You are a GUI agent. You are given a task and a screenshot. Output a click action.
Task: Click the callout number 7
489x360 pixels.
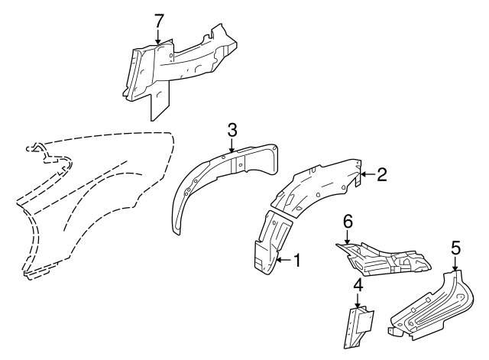(x=159, y=22)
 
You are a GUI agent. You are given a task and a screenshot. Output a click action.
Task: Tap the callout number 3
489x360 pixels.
(x=232, y=130)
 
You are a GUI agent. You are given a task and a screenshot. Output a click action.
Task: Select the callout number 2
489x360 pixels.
(x=382, y=174)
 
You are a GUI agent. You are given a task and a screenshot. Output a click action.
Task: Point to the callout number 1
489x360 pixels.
(x=297, y=260)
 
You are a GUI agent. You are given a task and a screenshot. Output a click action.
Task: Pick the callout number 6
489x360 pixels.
(x=348, y=222)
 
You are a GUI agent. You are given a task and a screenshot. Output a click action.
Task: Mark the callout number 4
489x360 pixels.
(x=358, y=285)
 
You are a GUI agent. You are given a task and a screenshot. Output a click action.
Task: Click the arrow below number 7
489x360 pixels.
(x=158, y=37)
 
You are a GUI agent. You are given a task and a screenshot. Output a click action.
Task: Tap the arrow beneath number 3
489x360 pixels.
(x=232, y=145)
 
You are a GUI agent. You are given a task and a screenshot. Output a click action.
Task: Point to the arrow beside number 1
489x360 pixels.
(x=283, y=260)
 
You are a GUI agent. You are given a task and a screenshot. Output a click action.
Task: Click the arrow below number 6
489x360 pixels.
(x=347, y=237)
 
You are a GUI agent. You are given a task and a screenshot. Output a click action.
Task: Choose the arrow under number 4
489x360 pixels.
(x=358, y=300)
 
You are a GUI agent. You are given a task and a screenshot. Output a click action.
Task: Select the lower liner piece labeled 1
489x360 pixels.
(x=272, y=243)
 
